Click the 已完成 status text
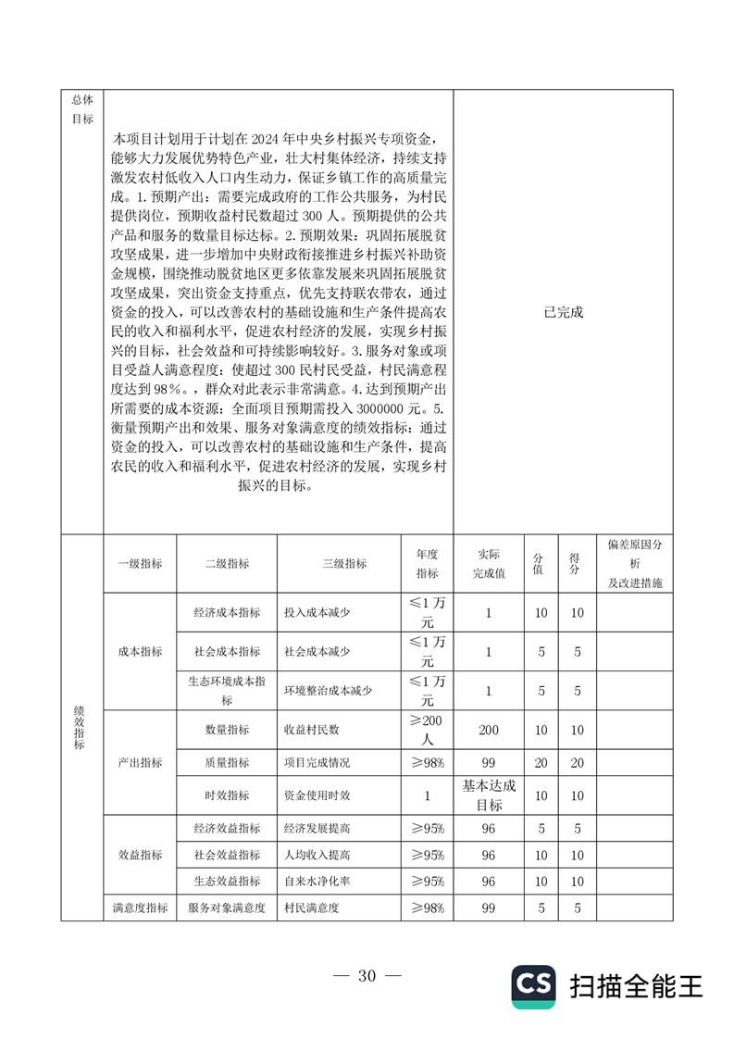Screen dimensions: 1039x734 [564, 312]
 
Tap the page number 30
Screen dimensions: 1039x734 [367, 975]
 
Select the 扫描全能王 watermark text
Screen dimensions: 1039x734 [637, 986]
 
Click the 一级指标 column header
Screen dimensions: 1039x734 [140, 564]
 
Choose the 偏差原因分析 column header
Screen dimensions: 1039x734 [635, 564]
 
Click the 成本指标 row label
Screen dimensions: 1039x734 [140, 652]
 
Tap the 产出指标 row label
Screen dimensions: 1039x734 [140, 762]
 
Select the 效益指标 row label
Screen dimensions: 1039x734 [140, 854]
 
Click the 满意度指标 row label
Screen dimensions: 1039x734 [140, 908]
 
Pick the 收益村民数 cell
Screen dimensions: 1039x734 [311, 730]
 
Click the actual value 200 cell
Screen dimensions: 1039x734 [489, 730]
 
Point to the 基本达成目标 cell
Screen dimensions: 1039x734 [489, 795]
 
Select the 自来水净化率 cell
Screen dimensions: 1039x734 [317, 881]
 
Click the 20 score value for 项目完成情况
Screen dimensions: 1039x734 [577, 762]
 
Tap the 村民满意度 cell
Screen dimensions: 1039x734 [311, 908]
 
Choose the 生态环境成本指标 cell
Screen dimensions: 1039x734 [227, 691]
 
